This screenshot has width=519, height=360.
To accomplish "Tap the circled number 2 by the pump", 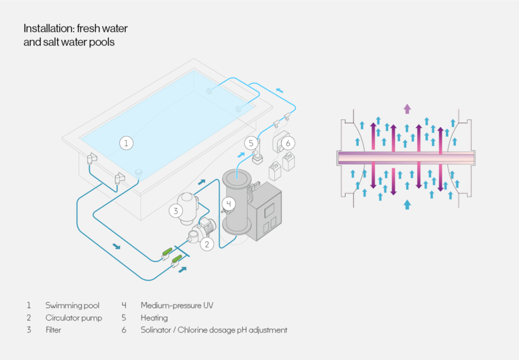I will tap(207, 243).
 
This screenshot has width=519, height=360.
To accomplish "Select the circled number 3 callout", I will tap(175, 210).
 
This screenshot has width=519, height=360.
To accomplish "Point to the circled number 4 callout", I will tap(228, 204).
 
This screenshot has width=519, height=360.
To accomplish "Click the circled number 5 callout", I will tap(251, 143).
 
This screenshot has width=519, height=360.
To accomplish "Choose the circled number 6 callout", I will tap(288, 143).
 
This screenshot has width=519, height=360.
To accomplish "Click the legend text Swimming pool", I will tap(73, 306).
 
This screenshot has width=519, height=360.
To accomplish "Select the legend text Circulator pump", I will tap(74, 318).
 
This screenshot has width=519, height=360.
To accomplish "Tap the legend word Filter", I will tap(53, 330).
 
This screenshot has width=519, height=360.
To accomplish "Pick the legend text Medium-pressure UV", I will tap(177, 306).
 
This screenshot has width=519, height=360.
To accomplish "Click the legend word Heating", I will tap(154, 318).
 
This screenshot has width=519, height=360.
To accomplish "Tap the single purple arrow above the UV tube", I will tap(407, 108).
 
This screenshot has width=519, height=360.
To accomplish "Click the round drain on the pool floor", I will tap(139, 173).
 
